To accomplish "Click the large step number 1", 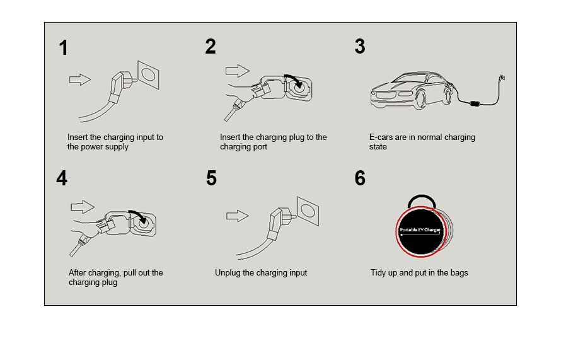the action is pyautogui.click(x=64, y=48).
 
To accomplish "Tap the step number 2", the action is pyautogui.click(x=211, y=46).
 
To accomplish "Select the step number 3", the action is pyautogui.click(x=360, y=46).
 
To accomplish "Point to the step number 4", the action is pyautogui.click(x=62, y=178).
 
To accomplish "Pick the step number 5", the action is pyautogui.click(x=211, y=178).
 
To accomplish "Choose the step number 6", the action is pyautogui.click(x=360, y=178).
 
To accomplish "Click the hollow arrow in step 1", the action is pyautogui.click(x=80, y=79).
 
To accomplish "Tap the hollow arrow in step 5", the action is pyautogui.click(x=238, y=216).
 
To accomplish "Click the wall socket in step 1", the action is pyautogui.click(x=149, y=75).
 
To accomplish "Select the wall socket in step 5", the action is pyautogui.click(x=308, y=211).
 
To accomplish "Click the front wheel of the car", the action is pyautogui.click(x=421, y=99).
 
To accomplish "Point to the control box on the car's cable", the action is pyautogui.click(x=475, y=104).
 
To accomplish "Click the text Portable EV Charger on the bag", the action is pyautogui.click(x=420, y=229).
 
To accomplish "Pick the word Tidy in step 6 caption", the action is pyautogui.click(x=378, y=273).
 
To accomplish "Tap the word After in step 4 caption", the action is pyautogui.click(x=78, y=273).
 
